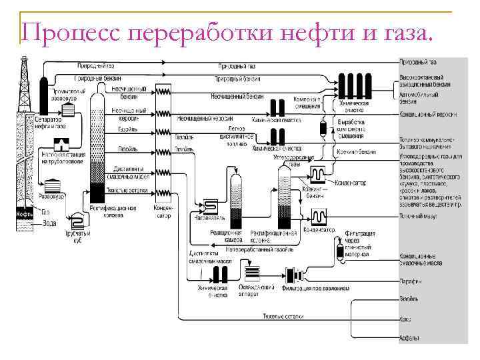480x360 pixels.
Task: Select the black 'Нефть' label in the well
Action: [25, 214]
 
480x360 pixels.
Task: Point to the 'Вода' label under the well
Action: [49, 223]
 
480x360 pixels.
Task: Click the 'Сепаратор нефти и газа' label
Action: [51, 122]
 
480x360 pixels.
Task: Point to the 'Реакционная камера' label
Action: [225, 236]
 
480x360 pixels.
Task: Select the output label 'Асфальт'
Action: [409, 338]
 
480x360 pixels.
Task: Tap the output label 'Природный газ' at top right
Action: [418, 62]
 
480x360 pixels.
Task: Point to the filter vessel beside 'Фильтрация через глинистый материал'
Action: [338, 251]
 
